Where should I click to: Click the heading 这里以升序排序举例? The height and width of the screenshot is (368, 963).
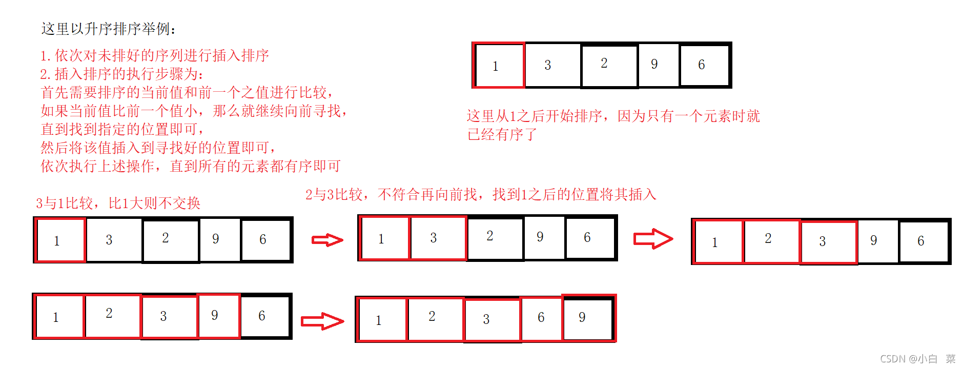[x=108, y=29]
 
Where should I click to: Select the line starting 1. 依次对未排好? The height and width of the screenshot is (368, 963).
[x=154, y=55]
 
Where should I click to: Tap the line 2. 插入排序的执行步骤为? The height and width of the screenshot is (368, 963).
[x=121, y=74]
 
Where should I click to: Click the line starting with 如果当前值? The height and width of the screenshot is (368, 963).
[x=194, y=111]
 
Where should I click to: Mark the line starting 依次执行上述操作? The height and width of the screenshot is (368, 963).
[x=191, y=166]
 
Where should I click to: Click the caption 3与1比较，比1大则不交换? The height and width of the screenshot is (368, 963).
[x=118, y=203]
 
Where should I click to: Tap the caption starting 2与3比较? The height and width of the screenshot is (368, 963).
[x=480, y=195]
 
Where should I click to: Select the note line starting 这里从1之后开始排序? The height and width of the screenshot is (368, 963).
[x=613, y=116]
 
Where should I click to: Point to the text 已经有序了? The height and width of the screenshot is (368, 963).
[x=502, y=135]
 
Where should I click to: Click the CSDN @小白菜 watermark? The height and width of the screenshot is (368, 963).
[x=917, y=359]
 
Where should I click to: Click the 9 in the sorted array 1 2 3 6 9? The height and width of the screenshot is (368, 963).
[x=582, y=317]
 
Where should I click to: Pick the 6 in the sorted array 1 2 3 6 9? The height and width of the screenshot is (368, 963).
[x=541, y=318]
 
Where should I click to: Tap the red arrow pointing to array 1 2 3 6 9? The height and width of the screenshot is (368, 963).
[x=322, y=321]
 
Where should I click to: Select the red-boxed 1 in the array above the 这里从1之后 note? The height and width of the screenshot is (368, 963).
[x=496, y=66]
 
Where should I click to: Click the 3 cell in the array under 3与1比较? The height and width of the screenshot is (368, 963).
[x=109, y=240]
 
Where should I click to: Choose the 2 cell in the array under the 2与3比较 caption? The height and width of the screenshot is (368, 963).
[x=490, y=236]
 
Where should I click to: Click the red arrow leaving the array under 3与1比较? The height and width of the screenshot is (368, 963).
[x=327, y=240]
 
